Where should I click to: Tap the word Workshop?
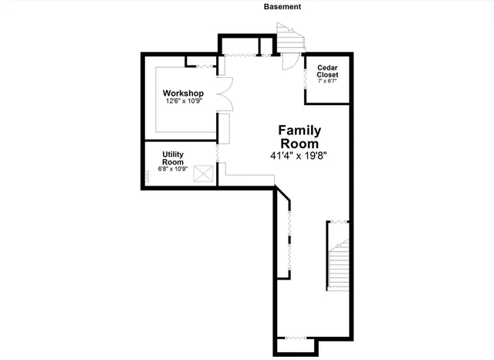pos(183,93)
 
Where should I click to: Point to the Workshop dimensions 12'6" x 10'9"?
pos(183,101)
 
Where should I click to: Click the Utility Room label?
pos(173,158)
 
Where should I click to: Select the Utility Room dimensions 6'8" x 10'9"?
pos(173,168)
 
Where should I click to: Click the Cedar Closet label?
pos(328,72)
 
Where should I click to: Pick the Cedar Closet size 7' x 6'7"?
pos(328,81)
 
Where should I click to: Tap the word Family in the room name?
pos(299,131)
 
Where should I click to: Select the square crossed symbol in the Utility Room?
pos(204,174)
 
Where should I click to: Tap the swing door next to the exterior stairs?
pos(289,62)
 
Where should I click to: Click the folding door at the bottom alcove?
pos(295,338)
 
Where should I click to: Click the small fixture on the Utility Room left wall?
pos(149,176)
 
